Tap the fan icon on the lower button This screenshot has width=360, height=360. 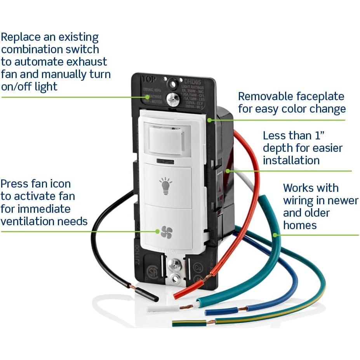(167, 231)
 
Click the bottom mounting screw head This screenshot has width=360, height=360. (175, 265)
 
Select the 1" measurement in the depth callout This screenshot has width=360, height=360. (318, 136)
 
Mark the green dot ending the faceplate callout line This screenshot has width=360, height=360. (209, 120)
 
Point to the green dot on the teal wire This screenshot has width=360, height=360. (275, 235)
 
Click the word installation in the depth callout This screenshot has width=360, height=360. (291, 160)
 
